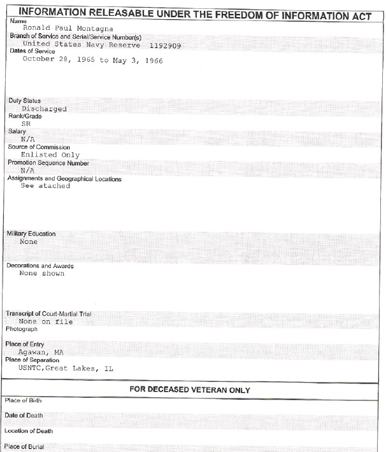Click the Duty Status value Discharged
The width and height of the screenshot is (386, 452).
pyautogui.click(x=44, y=108)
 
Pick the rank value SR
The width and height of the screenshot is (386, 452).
pyautogui.click(x=25, y=124)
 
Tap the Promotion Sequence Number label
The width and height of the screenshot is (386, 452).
pyautogui.click(x=48, y=162)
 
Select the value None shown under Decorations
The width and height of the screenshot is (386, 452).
pyautogui.click(x=42, y=274)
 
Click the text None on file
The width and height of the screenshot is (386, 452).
pyautogui.click(x=46, y=321)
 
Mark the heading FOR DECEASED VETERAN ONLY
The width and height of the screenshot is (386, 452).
pyautogui.click(x=192, y=388)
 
